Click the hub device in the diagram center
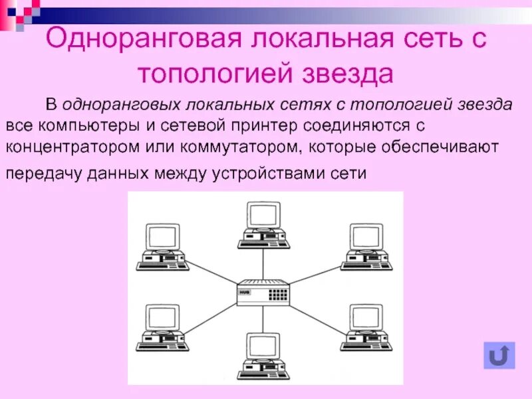pyautogui.click(x=265, y=293)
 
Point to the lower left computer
pyautogui.click(x=162, y=327)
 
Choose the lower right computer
pyautogui.click(x=366, y=327)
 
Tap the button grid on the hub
pyautogui.click(x=279, y=292)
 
